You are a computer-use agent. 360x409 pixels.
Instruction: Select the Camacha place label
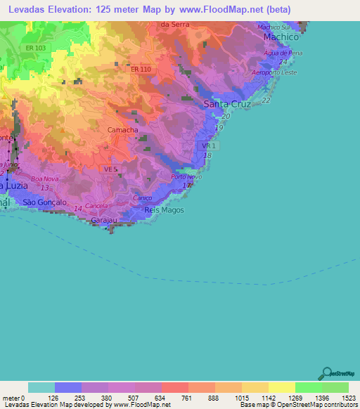[122, 131]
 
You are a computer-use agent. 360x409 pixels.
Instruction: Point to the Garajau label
[105, 220]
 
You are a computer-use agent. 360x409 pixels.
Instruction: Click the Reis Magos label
[158, 210]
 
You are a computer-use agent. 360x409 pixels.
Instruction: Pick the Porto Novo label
[186, 177]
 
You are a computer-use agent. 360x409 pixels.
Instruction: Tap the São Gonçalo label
[44, 202]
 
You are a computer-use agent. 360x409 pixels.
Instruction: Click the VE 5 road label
[109, 169]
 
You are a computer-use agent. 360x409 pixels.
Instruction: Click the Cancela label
[97, 206]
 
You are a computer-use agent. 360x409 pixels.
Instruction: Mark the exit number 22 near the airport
[266, 100]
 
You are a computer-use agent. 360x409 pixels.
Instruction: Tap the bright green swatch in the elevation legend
[308, 387]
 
